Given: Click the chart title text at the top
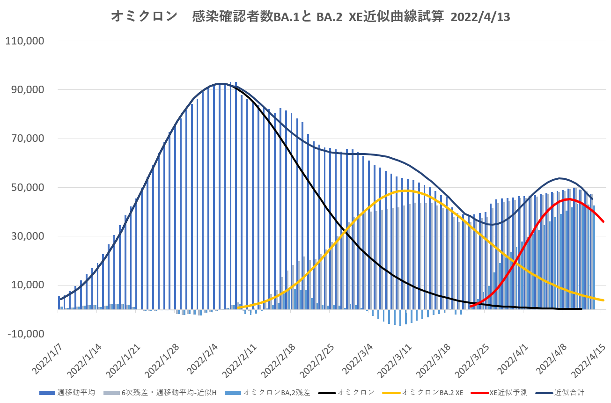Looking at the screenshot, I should point(310,17).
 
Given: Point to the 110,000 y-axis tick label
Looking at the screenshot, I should point(25,41).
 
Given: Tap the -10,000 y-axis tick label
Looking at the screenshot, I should point(26,334).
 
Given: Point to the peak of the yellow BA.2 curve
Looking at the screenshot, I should point(405,191).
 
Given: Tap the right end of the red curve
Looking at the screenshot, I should point(604,221).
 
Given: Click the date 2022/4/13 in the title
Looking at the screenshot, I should point(480,17).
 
